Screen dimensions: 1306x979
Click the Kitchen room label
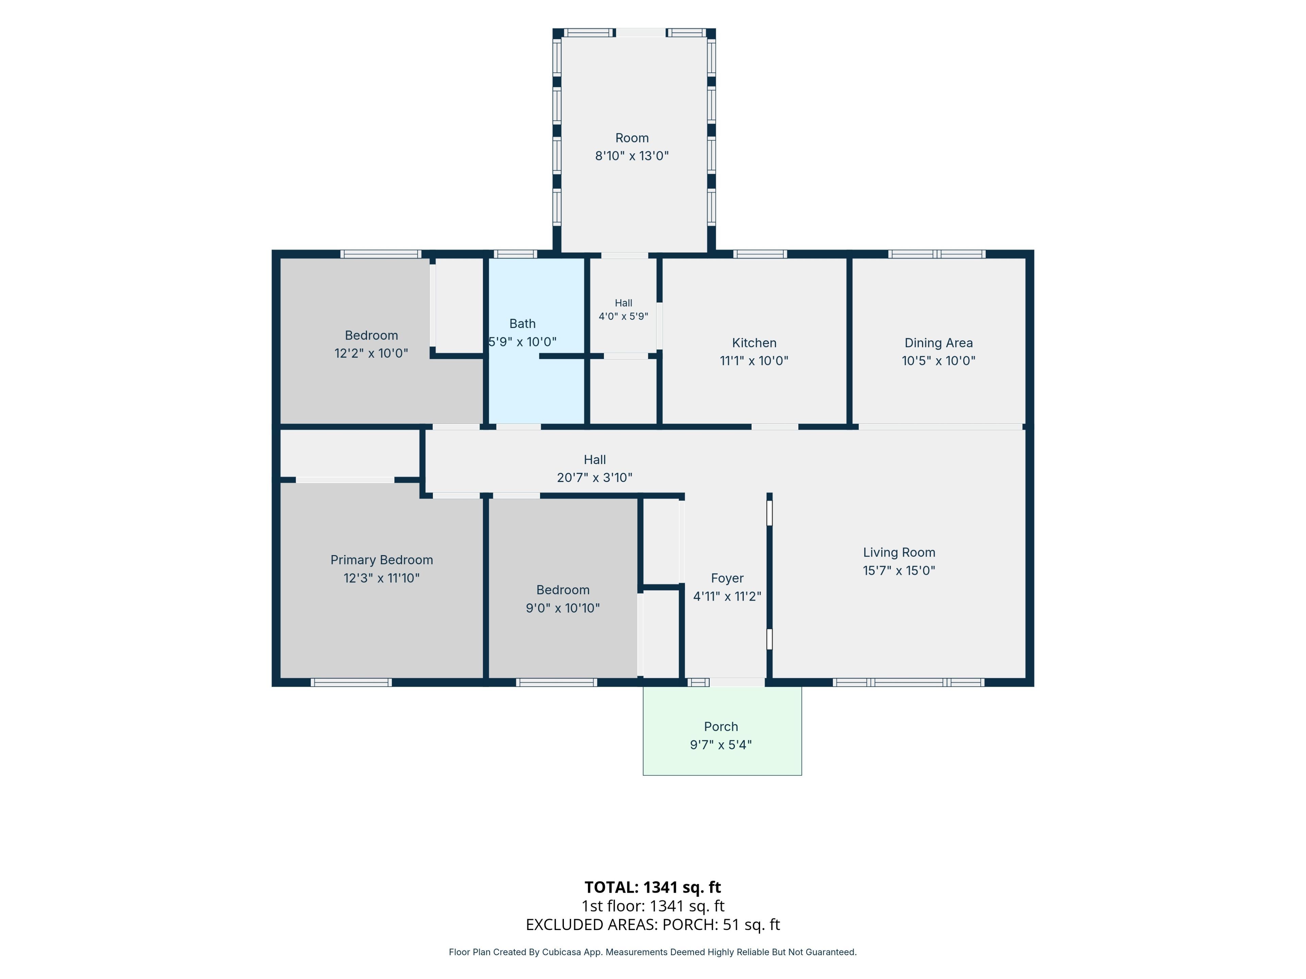click(x=754, y=343)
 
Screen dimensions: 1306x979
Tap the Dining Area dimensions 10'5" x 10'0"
click(x=938, y=361)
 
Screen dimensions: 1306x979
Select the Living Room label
click(x=899, y=552)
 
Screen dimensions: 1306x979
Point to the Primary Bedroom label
click(x=381, y=560)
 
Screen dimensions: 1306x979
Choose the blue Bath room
click(x=536, y=341)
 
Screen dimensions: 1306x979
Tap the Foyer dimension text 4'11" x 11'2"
click(x=727, y=596)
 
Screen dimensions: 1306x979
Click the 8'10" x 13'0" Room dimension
click(x=632, y=156)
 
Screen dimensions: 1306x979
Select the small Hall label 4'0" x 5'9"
click(x=623, y=310)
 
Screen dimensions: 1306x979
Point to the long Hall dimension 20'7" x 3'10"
click(x=595, y=477)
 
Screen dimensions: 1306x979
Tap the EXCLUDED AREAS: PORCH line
click(x=652, y=925)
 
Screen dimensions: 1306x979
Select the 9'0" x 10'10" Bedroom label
click(x=563, y=599)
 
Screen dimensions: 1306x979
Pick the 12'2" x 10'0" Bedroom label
click(x=371, y=344)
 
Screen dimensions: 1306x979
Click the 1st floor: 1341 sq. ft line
click(x=652, y=906)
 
